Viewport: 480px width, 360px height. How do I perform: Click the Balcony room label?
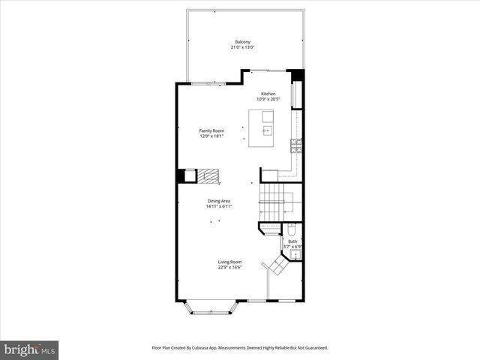(x=242, y=41)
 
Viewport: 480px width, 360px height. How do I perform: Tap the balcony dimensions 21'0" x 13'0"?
(x=242, y=47)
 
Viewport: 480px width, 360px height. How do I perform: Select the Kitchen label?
(x=268, y=94)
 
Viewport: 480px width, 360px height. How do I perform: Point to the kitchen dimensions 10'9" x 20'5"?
(x=268, y=99)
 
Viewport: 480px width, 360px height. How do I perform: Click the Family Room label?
(x=211, y=130)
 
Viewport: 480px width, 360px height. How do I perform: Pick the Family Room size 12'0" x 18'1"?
(x=211, y=136)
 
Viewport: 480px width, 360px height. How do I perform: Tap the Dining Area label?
(x=219, y=201)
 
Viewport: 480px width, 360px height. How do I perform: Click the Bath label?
(x=292, y=241)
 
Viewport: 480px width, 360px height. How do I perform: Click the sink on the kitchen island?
(x=265, y=129)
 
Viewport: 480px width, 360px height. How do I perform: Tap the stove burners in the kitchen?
(x=297, y=145)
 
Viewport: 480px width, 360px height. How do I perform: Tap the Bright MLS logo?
(x=30, y=349)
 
